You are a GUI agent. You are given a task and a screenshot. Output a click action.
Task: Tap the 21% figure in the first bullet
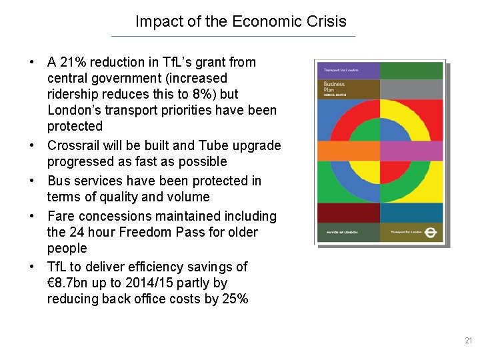tap(73, 63)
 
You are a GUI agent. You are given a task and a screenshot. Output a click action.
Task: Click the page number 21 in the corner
tap(467, 341)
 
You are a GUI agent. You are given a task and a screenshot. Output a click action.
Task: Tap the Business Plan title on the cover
tap(335, 88)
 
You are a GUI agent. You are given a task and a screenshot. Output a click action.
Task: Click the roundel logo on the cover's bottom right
tap(430, 232)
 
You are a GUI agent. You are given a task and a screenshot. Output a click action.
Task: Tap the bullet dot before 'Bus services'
tap(32, 181)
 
